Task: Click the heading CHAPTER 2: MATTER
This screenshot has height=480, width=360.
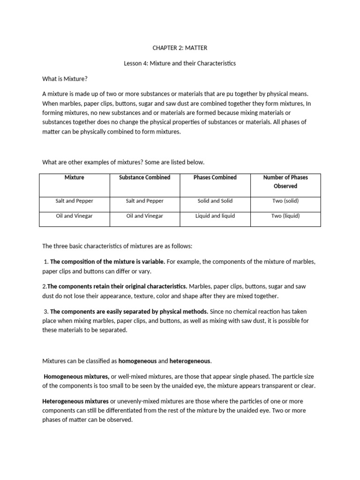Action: (180, 48)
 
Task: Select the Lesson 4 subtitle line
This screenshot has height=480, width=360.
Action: (180, 63)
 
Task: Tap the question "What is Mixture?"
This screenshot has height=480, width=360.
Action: (65, 78)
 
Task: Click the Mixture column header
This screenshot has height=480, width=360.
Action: (74, 178)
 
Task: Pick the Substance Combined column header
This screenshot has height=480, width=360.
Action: (144, 178)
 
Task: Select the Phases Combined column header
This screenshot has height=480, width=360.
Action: (215, 178)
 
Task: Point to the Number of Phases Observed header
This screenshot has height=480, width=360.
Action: (285, 182)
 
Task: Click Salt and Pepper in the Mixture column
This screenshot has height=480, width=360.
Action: (74, 201)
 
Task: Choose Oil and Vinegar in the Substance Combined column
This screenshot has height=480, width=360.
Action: (144, 216)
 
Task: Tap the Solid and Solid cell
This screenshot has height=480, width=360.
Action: (215, 201)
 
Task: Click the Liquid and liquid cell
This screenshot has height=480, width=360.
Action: (215, 216)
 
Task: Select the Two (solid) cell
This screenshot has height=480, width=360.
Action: (285, 201)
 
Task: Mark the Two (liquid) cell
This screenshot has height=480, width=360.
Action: (285, 216)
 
